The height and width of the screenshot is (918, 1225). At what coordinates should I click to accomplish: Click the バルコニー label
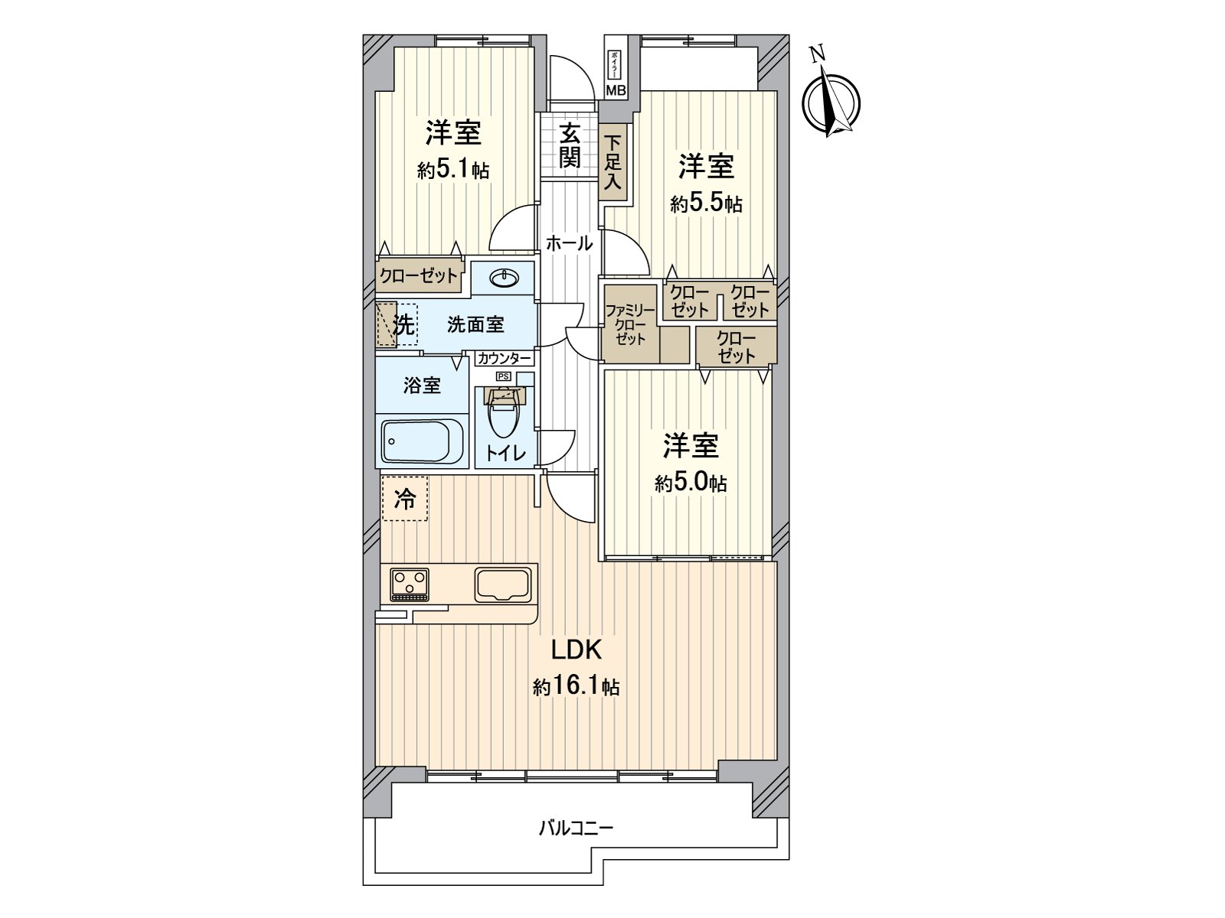[x=576, y=828]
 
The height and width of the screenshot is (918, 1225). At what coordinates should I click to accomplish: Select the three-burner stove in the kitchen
[x=410, y=584]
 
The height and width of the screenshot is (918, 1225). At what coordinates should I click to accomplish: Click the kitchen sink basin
[x=502, y=584]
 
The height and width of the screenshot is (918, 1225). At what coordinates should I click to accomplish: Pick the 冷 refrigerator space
[x=405, y=499]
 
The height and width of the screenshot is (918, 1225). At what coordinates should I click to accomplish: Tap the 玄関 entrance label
[x=569, y=145]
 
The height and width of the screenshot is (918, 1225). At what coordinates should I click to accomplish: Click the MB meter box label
[x=616, y=90]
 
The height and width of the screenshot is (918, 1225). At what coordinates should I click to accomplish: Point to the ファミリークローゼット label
[x=629, y=324]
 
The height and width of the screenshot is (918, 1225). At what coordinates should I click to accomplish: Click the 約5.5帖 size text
[x=706, y=203]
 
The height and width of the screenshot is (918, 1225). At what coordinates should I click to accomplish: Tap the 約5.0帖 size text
[x=691, y=483]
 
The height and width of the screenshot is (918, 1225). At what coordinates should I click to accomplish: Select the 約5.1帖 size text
[x=453, y=170]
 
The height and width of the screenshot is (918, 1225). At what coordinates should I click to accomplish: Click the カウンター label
[x=503, y=358]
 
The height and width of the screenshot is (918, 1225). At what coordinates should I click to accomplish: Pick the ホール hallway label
[x=569, y=244]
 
